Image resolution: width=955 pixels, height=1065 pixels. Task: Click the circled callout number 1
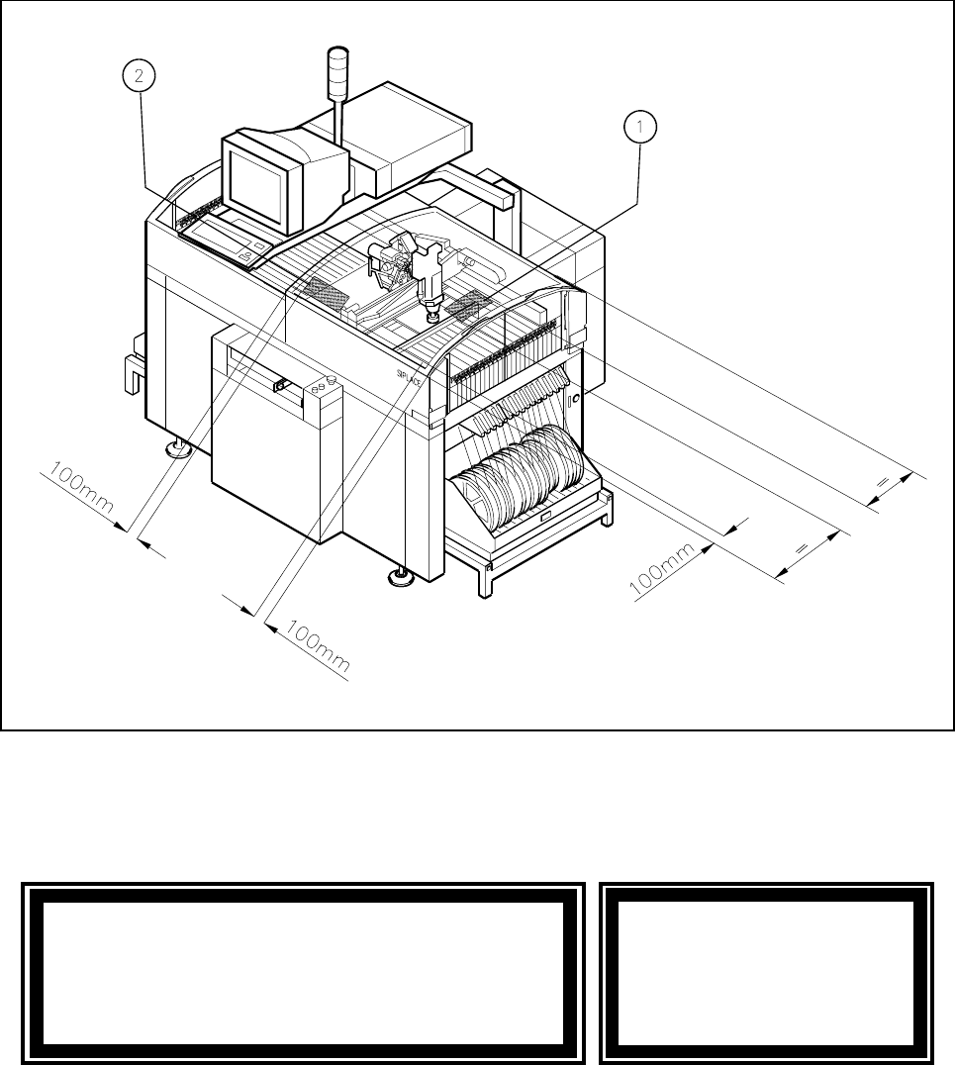tap(640, 127)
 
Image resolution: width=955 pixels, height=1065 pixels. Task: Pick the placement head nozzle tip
tap(430, 318)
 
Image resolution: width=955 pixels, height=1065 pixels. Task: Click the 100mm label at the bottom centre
tap(317, 648)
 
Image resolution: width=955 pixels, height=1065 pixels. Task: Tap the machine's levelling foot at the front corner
tap(401, 576)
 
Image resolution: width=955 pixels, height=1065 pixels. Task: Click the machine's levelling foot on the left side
tap(179, 451)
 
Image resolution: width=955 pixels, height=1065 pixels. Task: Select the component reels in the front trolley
tap(515, 475)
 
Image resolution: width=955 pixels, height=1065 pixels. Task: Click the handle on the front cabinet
tap(281, 385)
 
